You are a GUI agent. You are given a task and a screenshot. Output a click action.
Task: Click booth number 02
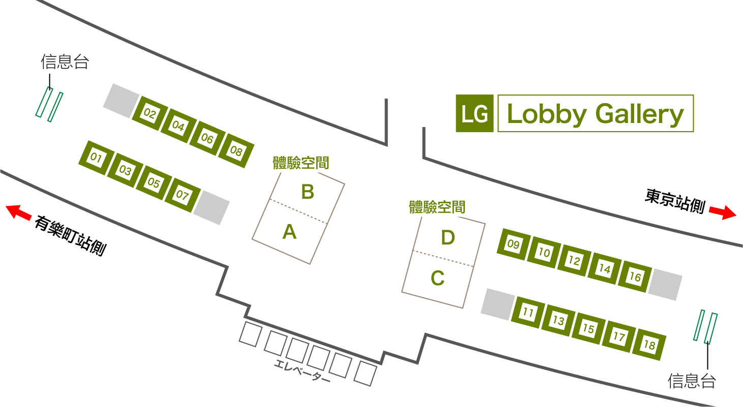[x=150, y=114]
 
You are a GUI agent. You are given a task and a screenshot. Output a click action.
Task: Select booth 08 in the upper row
[x=236, y=151]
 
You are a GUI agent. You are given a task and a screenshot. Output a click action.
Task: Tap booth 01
[x=96, y=158]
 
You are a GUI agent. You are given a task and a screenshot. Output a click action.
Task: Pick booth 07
[x=183, y=195]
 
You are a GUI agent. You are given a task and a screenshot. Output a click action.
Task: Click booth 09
[x=513, y=244]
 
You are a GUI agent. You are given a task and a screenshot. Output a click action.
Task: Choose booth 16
[x=635, y=276]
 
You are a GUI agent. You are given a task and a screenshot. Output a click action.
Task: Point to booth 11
[x=528, y=312]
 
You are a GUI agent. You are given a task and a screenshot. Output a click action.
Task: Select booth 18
[x=649, y=345]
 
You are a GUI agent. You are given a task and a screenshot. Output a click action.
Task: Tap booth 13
[x=558, y=321]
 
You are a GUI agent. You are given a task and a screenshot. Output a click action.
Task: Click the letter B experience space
[x=308, y=192]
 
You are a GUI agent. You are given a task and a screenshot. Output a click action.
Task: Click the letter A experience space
[x=289, y=232]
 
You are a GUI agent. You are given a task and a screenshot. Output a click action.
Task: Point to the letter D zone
[x=448, y=238]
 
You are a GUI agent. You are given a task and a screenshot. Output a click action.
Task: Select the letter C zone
[x=437, y=278]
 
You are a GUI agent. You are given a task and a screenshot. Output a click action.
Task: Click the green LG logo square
[x=474, y=113]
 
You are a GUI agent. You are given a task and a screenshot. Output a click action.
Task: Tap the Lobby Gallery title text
[x=596, y=114]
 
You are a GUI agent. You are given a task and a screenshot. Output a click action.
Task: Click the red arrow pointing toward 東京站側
[x=723, y=212]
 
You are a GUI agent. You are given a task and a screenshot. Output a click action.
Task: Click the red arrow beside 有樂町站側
[x=19, y=212]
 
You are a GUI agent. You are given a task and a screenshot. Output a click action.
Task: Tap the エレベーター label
[x=302, y=371]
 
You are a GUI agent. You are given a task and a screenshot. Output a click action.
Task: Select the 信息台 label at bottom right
[x=692, y=381]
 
